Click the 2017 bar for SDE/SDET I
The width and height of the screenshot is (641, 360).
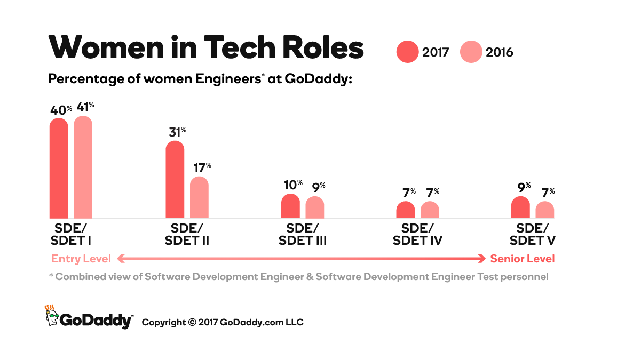point(59,168)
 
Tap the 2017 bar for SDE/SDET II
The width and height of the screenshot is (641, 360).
point(175,180)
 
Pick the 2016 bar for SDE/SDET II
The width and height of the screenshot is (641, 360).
point(199,197)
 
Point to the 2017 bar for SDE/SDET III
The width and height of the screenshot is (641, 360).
point(290,206)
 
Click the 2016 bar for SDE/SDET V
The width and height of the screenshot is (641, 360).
point(545,210)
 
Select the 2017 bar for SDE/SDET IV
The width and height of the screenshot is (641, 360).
point(406,210)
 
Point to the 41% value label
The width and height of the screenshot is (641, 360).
point(85,107)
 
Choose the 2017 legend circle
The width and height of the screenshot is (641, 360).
point(407,52)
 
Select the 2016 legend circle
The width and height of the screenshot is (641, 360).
point(470,52)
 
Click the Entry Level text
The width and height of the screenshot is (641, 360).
point(81,259)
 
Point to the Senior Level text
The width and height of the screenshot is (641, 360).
point(523,259)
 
